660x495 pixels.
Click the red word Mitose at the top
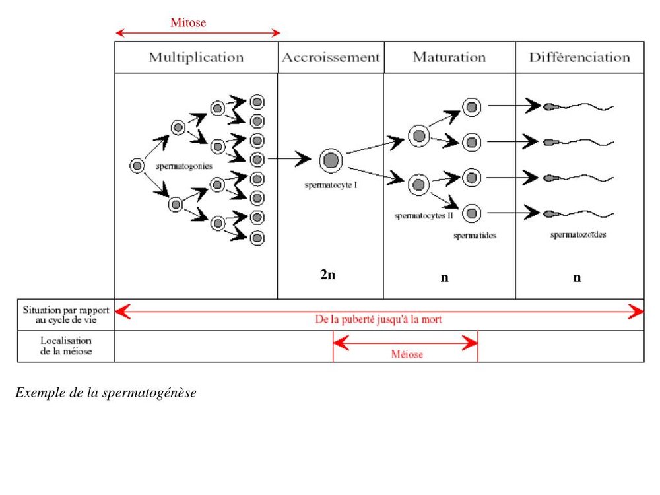pos(188,23)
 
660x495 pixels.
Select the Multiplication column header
pos(196,57)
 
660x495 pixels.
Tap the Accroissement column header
pos(331,57)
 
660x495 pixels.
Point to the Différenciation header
pos(579,57)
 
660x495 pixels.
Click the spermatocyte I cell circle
pos(331,160)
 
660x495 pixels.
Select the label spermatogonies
pos(184,166)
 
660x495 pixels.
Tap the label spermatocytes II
pos(423,215)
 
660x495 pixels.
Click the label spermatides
pos(475,235)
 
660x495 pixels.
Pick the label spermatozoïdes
pos(578,234)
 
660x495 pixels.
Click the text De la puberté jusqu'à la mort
pos(378,319)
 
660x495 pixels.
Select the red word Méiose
pos(407,354)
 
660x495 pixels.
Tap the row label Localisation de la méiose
pos(66,346)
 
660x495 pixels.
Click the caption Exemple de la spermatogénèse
pos(106,393)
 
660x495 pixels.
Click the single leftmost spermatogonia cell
pos(137,166)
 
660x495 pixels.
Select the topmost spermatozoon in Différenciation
pos(577,106)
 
